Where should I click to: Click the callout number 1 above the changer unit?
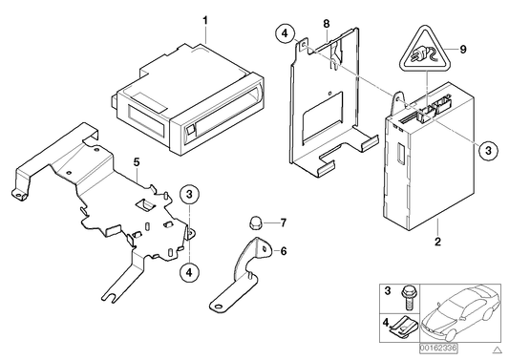[x=202, y=18]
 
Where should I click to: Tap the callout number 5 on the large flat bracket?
[x=137, y=163]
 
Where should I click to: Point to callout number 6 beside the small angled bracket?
[x=283, y=252]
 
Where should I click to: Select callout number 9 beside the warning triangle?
[x=464, y=49]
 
